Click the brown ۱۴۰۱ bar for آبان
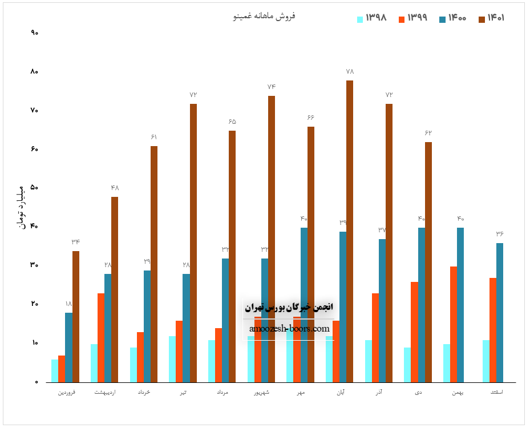pos(350,231)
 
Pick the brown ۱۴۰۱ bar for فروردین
pos(76,317)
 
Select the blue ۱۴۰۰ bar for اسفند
pos(500,313)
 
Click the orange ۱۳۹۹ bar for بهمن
pos(454,324)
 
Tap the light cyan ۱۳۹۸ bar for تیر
pos(172,359)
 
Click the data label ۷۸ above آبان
pos(350,72)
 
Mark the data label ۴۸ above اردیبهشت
pos(115,188)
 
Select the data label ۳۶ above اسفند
pos(500,234)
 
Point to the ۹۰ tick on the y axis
pos(34,33)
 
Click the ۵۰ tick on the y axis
pos(34,188)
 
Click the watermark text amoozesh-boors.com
pos(289,329)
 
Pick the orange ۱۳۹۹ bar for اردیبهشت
pos(101,338)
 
